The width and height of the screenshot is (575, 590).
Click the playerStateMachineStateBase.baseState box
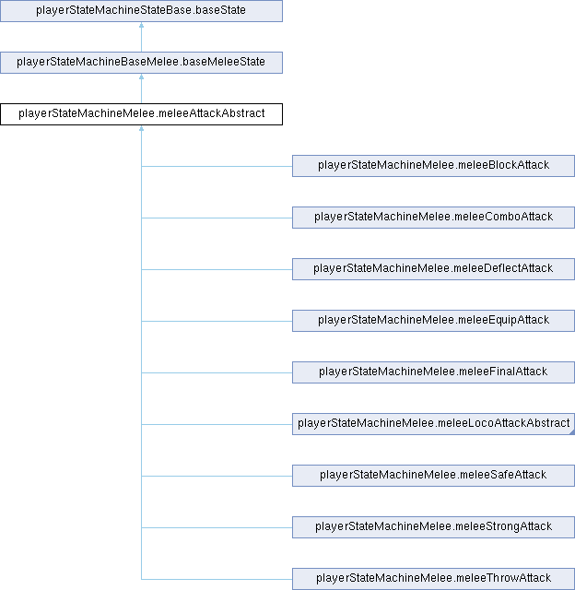[x=141, y=11]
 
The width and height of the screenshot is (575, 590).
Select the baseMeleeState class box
[x=141, y=63]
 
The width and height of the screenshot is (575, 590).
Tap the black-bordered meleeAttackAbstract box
[x=141, y=114]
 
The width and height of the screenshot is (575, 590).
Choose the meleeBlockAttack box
[x=433, y=166]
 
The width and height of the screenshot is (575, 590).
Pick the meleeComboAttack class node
[x=433, y=218]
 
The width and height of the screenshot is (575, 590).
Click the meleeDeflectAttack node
[x=433, y=269]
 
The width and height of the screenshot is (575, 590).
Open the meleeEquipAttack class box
[x=433, y=321]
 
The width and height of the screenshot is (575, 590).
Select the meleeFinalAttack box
[x=433, y=372]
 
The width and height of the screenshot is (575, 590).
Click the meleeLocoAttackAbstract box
[x=433, y=424]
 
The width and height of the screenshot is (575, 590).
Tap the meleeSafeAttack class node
[x=433, y=476]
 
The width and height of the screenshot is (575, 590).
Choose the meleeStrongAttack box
[x=433, y=527]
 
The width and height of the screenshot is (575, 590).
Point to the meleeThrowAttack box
[x=433, y=579]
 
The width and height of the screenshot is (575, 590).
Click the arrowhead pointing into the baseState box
[x=141, y=25]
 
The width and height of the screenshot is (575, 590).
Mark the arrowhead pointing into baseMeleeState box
[x=141, y=77]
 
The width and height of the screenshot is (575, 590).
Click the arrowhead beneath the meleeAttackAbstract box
[x=141, y=128]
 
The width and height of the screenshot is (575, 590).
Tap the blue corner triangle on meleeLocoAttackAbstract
[x=573, y=432]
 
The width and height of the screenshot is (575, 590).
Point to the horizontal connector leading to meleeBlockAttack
[x=217, y=166]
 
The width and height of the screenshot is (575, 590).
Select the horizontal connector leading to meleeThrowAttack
[x=217, y=579]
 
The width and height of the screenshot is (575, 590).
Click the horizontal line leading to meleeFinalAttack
[x=217, y=372]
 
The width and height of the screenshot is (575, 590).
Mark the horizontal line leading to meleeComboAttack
[x=217, y=218]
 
